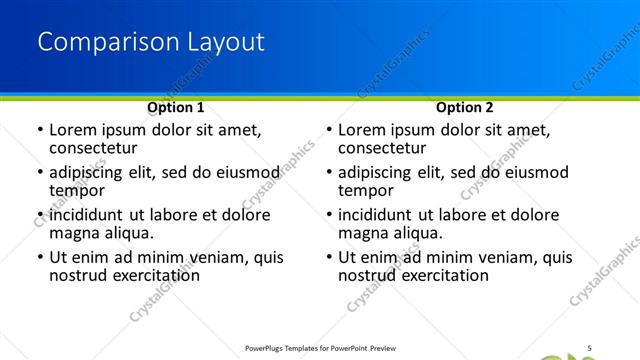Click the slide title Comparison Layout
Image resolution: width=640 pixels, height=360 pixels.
tap(151, 42)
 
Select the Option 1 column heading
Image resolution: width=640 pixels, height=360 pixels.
tap(176, 107)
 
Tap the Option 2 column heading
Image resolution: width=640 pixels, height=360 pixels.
tap(464, 107)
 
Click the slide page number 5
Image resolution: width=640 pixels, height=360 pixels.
tap(590, 347)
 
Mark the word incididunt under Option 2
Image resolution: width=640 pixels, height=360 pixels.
tap(380, 215)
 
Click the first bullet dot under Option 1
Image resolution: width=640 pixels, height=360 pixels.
tap(39, 130)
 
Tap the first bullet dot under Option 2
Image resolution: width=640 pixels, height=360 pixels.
tap(328, 130)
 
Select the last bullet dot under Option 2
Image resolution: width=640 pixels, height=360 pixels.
tap(328, 257)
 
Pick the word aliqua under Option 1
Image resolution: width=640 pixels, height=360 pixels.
tap(127, 233)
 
